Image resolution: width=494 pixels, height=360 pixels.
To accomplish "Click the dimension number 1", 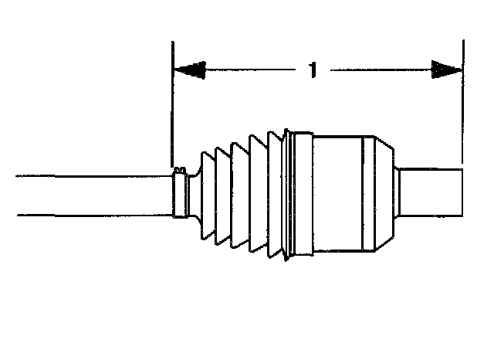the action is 313,70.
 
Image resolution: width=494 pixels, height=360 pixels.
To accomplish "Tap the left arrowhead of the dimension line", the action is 190,70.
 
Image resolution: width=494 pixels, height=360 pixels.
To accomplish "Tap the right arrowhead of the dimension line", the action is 445,70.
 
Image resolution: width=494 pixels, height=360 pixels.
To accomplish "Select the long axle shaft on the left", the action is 93,195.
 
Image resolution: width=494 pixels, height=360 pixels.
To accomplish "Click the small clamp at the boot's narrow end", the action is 182,195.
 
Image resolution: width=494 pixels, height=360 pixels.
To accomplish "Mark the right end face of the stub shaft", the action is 462,193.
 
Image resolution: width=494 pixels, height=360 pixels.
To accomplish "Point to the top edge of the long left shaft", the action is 93,175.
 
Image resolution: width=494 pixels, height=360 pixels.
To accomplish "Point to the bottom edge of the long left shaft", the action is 93,215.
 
